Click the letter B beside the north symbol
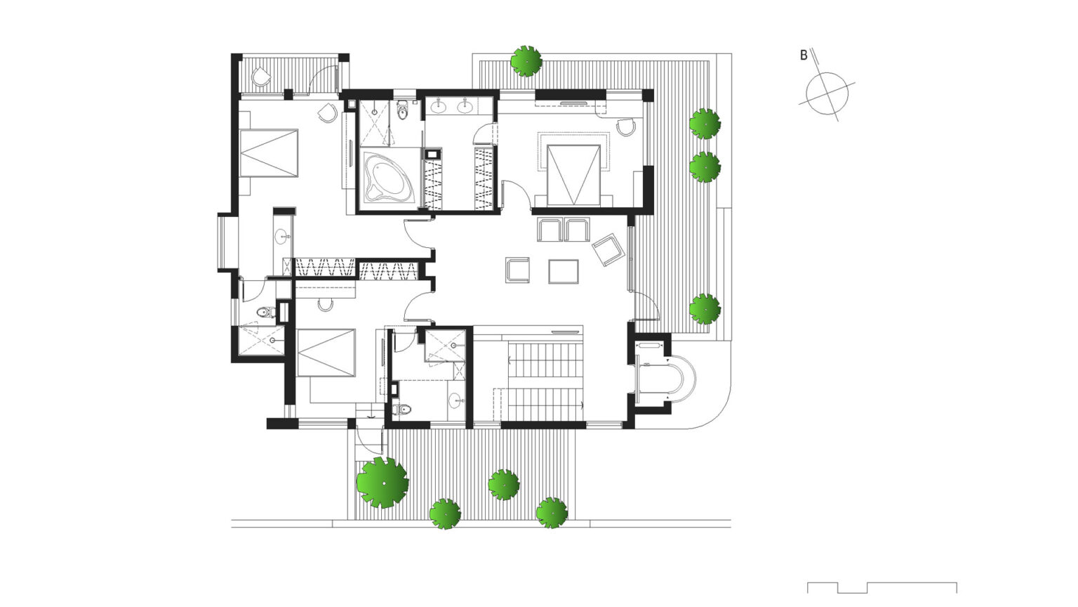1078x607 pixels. (804, 56)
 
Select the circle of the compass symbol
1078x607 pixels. (827, 93)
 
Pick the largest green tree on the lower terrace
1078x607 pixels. (382, 483)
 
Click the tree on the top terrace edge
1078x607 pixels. (526, 60)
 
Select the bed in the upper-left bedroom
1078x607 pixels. (269, 152)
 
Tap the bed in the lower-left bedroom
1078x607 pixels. (326, 353)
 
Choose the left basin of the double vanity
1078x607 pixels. (440, 107)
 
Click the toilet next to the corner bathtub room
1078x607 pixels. (403, 110)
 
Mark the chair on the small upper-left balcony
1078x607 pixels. (260, 77)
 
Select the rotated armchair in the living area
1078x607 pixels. (607, 249)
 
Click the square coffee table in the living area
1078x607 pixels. (564, 271)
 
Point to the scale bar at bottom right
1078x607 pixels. (881, 587)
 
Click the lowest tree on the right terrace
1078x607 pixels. (705, 308)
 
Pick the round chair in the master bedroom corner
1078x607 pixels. (626, 126)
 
